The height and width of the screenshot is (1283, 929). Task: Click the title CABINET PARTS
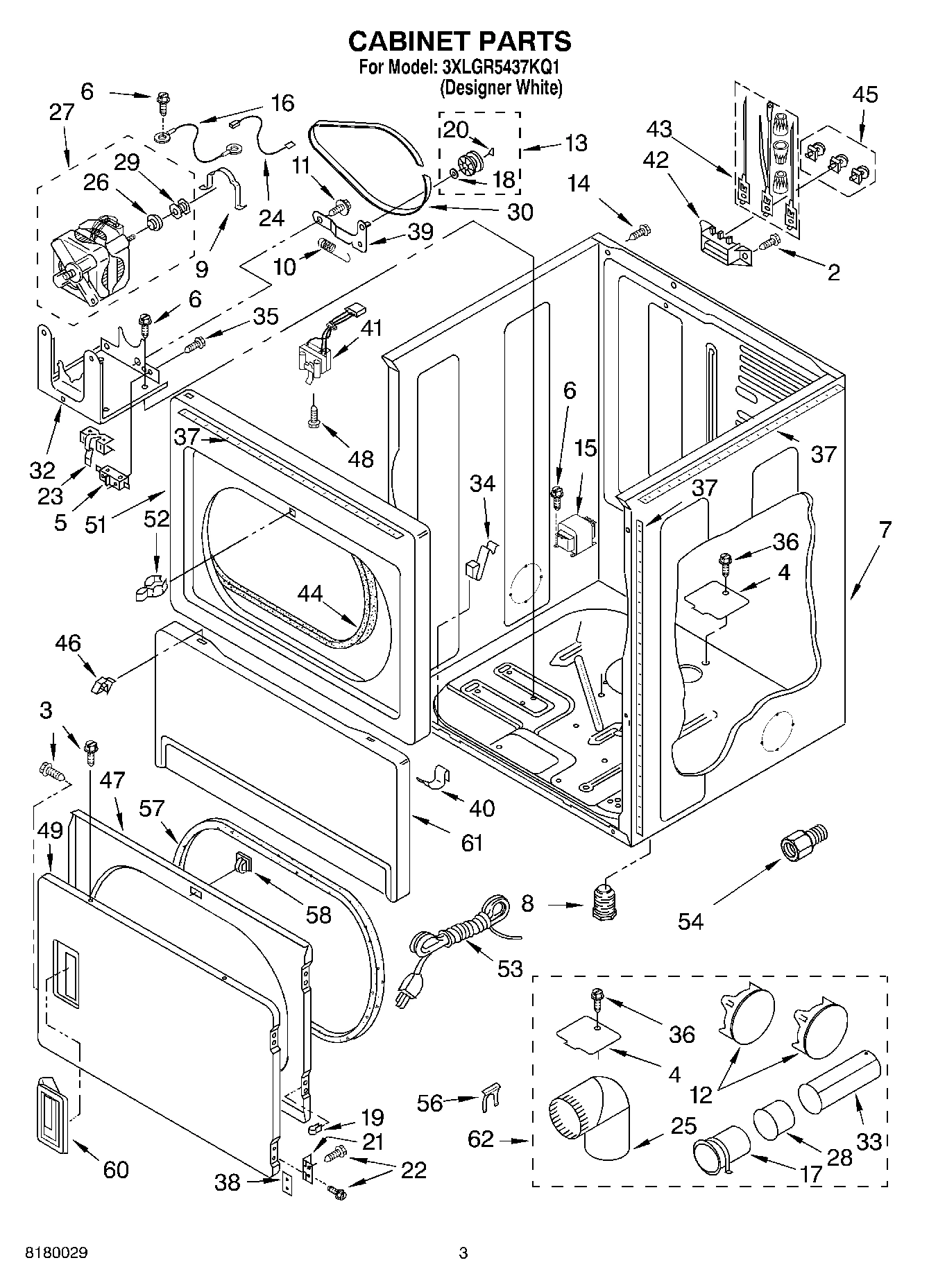pyautogui.click(x=459, y=42)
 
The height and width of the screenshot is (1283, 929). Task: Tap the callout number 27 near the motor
pyautogui.click(x=61, y=112)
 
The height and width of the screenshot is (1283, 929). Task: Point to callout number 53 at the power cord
pyautogui.click(x=510, y=969)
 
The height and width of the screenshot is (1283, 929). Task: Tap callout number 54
pyautogui.click(x=690, y=921)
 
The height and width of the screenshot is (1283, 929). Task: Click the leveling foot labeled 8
pyautogui.click(x=605, y=901)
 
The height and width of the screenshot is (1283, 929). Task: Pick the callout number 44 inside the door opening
pyautogui.click(x=311, y=594)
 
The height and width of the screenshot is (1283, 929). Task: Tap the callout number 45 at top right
pyautogui.click(x=865, y=94)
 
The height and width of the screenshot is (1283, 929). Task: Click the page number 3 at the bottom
pyautogui.click(x=463, y=1253)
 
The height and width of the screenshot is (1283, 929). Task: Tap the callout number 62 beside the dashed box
pyautogui.click(x=481, y=1139)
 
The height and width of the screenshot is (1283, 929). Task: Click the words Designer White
pyautogui.click(x=501, y=88)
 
